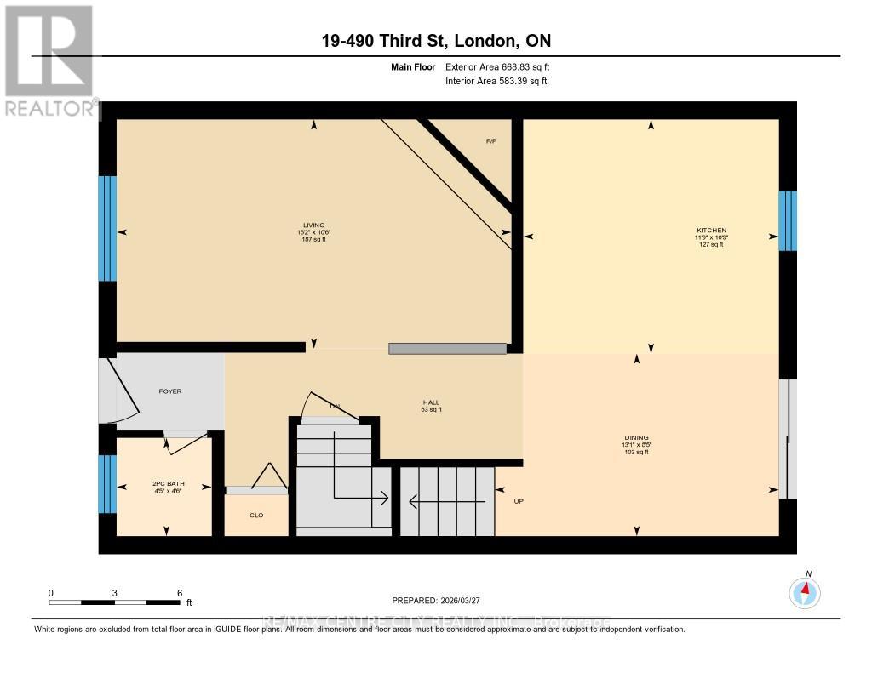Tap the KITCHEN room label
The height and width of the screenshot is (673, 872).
pyautogui.click(x=711, y=231)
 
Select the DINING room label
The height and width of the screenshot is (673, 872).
pyautogui.click(x=636, y=438)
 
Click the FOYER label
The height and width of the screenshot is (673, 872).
pyautogui.click(x=170, y=391)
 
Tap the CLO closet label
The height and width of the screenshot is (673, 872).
pyautogui.click(x=256, y=515)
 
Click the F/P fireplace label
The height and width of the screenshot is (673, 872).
pyautogui.click(x=491, y=140)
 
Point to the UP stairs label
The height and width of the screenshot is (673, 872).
pyautogui.click(x=519, y=501)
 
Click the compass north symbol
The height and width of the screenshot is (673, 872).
pyautogui.click(x=805, y=590)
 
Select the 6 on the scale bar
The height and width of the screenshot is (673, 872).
pyautogui.click(x=179, y=593)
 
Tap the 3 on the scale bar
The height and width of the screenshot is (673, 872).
pyautogui.click(x=114, y=593)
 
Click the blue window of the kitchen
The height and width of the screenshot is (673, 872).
pyautogui.click(x=788, y=220)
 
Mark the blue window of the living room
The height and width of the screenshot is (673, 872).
pyautogui.click(x=107, y=228)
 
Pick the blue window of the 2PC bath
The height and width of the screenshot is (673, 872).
pyautogui.click(x=107, y=484)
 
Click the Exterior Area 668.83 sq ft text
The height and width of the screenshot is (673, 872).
pyautogui.click(x=503, y=66)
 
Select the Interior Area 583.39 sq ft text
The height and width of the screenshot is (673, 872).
pyautogui.click(x=496, y=82)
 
